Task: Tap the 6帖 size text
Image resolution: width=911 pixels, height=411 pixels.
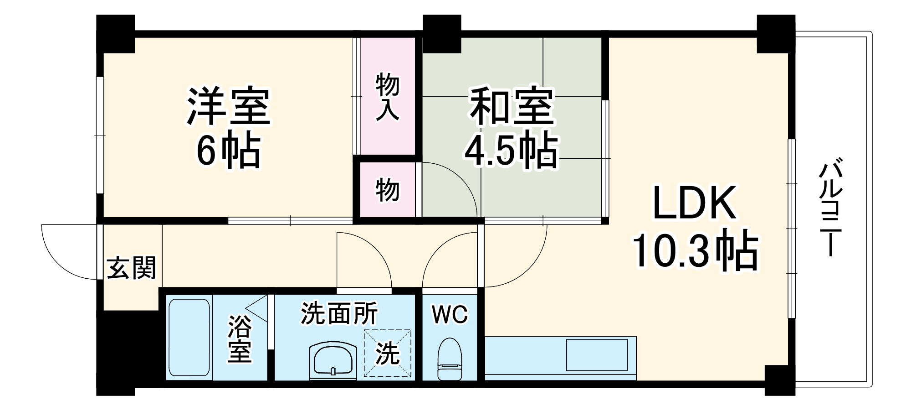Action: coord(229,151)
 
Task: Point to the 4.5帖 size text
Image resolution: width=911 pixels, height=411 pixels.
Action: coord(511,151)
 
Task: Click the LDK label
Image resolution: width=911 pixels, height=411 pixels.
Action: coord(694,203)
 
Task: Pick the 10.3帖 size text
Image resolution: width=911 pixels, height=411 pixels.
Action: coord(694,252)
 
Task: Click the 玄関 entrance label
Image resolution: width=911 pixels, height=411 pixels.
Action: coord(131,268)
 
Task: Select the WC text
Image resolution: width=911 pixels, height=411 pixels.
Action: coord(450,315)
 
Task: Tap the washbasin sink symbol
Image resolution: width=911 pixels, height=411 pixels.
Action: coord(333,360)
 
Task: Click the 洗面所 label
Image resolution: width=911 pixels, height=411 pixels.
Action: coord(339,314)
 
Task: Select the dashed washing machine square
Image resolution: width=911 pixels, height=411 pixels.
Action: coord(387,354)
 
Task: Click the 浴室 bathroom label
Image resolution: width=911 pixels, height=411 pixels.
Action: coord(240,339)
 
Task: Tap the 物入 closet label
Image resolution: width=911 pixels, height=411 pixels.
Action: coord(387,98)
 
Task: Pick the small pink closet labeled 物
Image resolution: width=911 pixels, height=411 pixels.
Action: coord(387,190)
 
